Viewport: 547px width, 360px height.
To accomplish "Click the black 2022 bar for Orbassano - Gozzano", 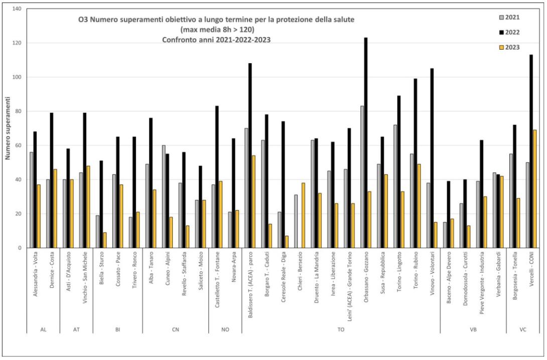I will (x=365, y=143).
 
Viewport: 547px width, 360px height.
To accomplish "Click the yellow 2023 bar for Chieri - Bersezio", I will (x=303, y=215).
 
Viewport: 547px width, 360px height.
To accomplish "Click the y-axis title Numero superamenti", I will (x=8, y=129).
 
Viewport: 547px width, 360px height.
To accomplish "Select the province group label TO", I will (x=340, y=329).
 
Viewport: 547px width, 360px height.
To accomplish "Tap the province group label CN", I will (x=175, y=329).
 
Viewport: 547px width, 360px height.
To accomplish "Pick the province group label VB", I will (x=473, y=329).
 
